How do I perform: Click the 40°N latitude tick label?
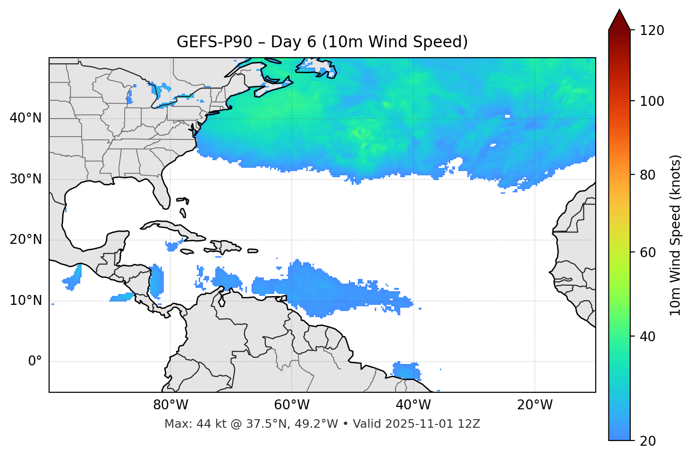point(25,118)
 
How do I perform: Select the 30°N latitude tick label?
point(25,179)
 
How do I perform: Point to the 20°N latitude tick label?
point(25,240)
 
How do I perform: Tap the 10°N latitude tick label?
point(25,301)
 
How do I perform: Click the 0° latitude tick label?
point(35,362)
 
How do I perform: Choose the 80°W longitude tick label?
point(170,405)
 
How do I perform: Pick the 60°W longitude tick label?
point(292,405)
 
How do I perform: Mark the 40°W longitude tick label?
point(413,405)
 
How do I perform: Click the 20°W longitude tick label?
point(534,405)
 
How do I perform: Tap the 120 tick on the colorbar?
point(652,31)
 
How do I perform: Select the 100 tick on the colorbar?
point(652,101)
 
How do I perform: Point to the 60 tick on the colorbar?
point(648,252)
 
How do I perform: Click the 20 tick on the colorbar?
point(648,441)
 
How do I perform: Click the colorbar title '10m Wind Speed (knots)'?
point(675,235)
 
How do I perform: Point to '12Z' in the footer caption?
point(470,424)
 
